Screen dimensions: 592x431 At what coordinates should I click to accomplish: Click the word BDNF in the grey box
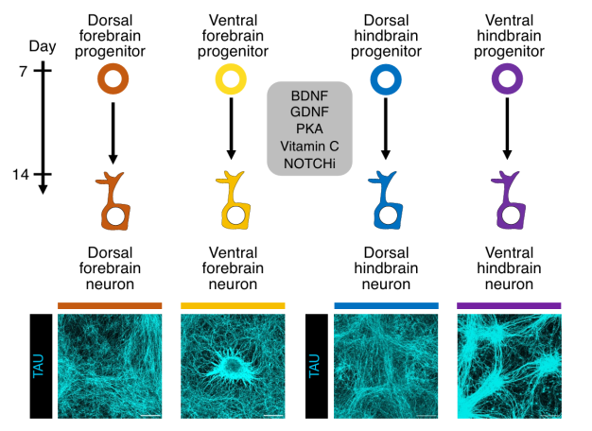309,95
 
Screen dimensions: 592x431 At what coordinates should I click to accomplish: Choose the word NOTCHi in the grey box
309,164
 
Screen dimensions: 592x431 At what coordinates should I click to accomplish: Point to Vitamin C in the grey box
309,147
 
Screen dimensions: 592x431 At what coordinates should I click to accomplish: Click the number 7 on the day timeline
24,71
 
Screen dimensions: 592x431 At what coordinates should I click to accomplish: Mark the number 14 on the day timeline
21,174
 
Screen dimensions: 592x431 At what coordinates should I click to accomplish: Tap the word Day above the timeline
43,46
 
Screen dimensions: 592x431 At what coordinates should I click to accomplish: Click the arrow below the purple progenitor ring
507,129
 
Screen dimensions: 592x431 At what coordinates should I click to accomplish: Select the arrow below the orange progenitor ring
113,133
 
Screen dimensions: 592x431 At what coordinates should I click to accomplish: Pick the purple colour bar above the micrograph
509,305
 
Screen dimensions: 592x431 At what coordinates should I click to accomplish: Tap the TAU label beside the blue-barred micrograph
314,366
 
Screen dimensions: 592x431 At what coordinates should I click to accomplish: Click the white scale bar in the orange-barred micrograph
150,416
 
